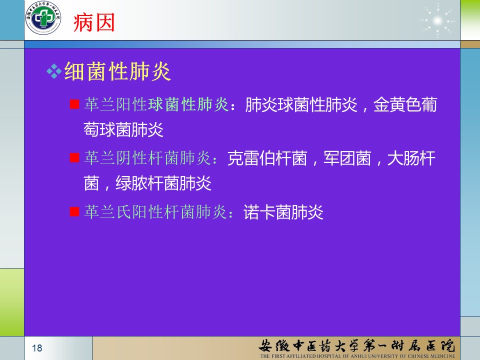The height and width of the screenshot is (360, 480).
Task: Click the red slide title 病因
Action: coord(94,22)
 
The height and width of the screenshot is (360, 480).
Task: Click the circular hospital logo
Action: coord(43,17)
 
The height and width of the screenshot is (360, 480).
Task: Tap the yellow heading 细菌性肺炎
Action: coord(117,71)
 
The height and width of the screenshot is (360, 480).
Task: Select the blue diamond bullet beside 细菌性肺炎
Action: coord(54,71)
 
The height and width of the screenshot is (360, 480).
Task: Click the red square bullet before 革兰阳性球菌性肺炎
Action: coord(74,104)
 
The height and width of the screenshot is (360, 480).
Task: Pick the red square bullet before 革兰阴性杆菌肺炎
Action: coord(74,158)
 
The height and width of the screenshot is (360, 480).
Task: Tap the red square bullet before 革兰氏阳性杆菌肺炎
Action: coord(74,211)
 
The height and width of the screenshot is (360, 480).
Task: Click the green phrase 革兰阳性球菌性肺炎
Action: coord(156,104)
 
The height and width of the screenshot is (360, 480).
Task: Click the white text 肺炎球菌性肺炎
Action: coord(301,104)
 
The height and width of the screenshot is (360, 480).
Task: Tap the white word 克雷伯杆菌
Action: coord(267,158)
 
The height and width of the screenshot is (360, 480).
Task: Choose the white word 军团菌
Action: coord(347,158)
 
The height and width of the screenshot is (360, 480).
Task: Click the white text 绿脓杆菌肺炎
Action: coord(163,183)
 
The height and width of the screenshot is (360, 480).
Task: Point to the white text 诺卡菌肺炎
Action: coord(283,212)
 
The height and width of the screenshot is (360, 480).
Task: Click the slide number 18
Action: coord(37,348)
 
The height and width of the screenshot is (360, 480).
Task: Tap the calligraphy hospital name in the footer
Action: coord(356,345)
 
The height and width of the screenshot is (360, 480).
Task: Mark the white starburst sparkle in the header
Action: coord(438,21)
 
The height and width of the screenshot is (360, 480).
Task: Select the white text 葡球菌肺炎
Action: coord(123,130)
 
